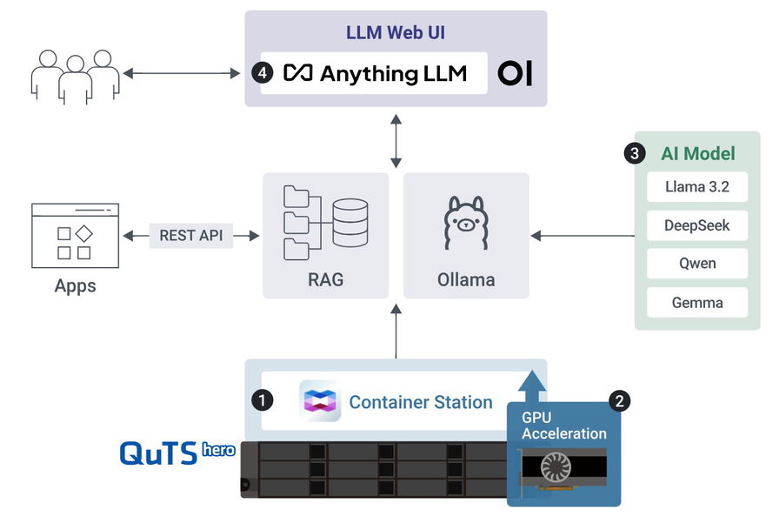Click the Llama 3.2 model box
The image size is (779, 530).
pos(697,187)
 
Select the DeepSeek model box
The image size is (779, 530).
pos(697,225)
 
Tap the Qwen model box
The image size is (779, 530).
pos(697,264)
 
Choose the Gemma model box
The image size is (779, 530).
pos(697,303)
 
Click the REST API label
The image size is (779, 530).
pos(191,235)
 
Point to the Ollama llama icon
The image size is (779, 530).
pos(466,225)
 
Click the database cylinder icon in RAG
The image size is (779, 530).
pos(350,223)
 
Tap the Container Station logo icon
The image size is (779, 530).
pos(320,401)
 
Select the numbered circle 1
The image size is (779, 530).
pos(261,400)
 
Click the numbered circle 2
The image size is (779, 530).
pos(620,400)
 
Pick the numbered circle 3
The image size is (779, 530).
pos(635,154)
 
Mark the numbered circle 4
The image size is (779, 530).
pos(264,73)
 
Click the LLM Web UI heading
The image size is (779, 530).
pos(396,34)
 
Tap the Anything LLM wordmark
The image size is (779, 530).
pos(376,73)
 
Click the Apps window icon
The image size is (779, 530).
pos(75,235)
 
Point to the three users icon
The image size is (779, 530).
pos(75,77)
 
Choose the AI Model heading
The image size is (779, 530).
pos(698,154)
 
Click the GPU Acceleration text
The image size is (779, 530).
pos(563,425)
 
